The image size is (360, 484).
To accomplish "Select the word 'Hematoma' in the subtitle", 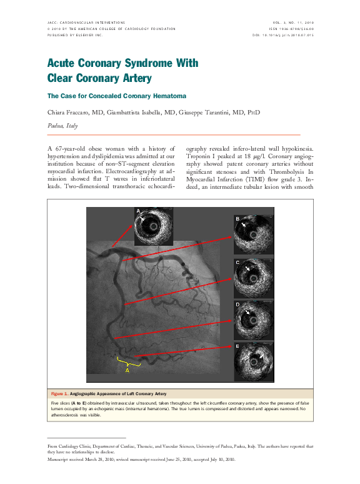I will coord(169,96).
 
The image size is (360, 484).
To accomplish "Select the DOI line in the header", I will coord(283,36).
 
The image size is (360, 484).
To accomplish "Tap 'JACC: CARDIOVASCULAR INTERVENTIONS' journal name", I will coord(86,22).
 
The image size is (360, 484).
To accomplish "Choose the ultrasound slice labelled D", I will coord(252,319).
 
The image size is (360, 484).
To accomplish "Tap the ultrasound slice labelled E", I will coord(252,361).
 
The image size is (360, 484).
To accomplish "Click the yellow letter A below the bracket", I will coord(127,370).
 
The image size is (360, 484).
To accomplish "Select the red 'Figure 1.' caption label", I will coord(59,393).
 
